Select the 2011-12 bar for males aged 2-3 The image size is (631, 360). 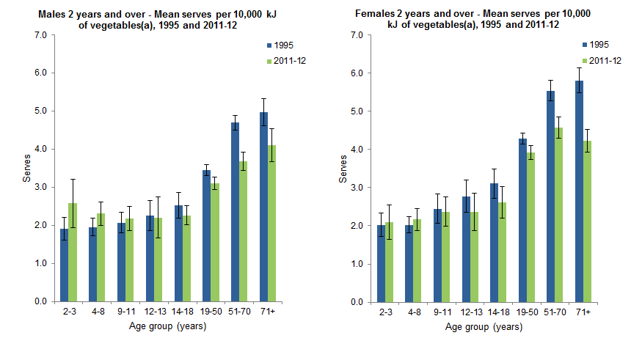[x=72, y=252]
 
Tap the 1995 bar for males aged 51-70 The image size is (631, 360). [x=235, y=212]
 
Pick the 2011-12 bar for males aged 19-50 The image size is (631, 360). [x=214, y=242]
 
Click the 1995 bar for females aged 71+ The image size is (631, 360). [x=580, y=191]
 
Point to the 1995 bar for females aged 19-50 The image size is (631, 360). [x=523, y=220]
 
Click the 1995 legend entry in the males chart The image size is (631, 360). [x=288, y=45]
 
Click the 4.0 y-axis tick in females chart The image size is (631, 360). [x=357, y=150]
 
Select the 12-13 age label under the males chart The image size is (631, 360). [x=153, y=312]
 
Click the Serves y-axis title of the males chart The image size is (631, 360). [x=24, y=168]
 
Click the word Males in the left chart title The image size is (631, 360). [x=51, y=14]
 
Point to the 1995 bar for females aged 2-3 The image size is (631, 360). [x=382, y=263]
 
